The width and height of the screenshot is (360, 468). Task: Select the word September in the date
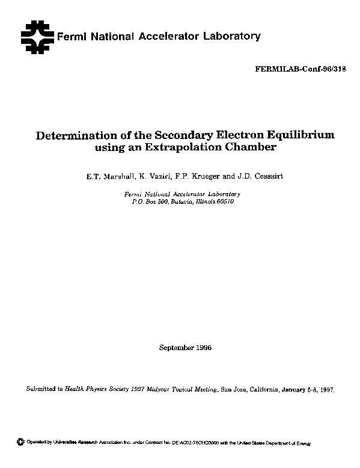175,348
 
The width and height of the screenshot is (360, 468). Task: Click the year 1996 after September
204,348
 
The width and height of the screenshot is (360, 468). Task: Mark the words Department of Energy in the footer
286,443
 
